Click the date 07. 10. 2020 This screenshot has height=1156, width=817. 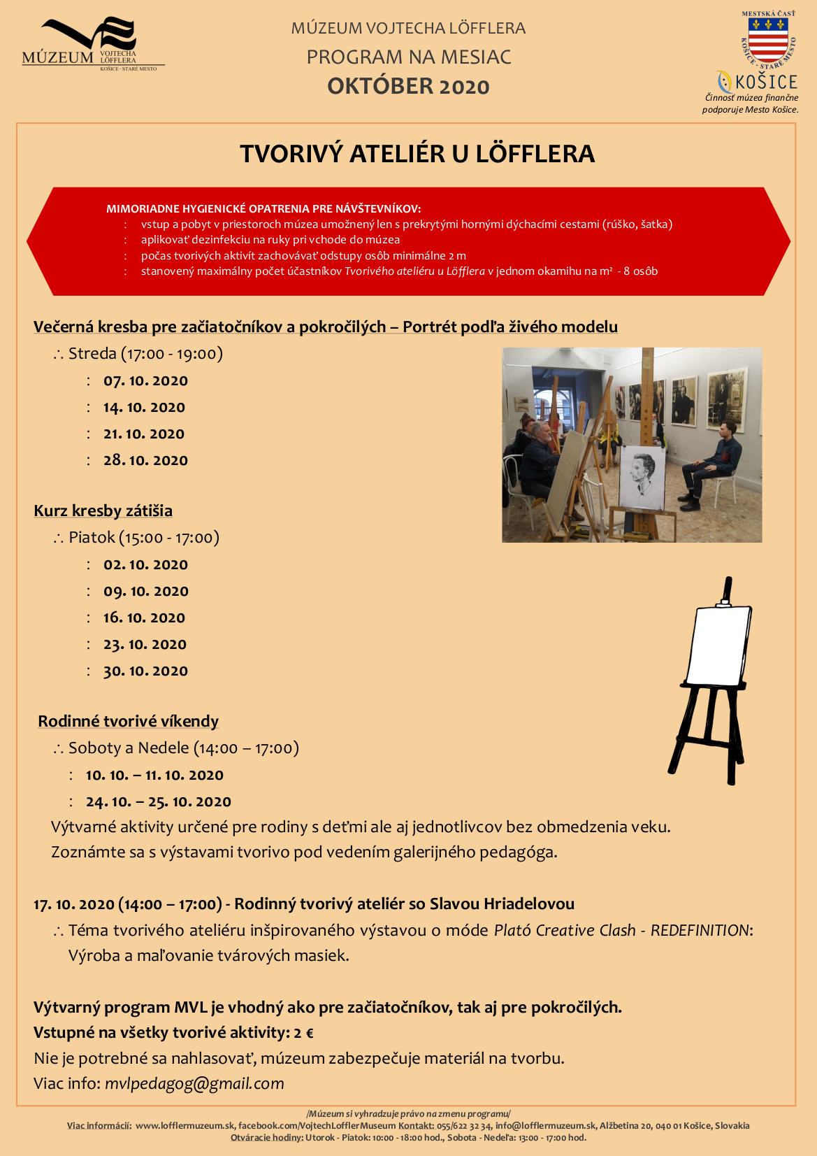point(145,381)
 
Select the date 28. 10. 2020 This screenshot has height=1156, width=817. point(145,461)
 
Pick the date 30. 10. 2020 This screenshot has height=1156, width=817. point(145,671)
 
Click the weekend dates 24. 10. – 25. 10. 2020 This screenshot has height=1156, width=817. point(158,802)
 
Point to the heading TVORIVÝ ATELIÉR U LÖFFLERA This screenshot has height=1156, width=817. point(417,154)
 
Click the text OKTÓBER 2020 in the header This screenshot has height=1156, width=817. point(408,87)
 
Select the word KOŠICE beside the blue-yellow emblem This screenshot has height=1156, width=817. point(766,83)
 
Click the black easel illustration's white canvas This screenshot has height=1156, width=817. point(718,646)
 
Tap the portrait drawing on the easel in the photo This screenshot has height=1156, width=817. point(642,477)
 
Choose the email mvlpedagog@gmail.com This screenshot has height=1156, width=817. point(194,1084)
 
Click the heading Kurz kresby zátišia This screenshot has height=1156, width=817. point(103,511)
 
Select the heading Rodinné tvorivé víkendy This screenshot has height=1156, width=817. point(128,722)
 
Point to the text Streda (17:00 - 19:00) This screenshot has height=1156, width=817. point(145,354)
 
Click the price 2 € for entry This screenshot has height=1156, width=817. point(303,1033)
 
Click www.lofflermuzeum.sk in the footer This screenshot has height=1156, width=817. point(185,1126)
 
